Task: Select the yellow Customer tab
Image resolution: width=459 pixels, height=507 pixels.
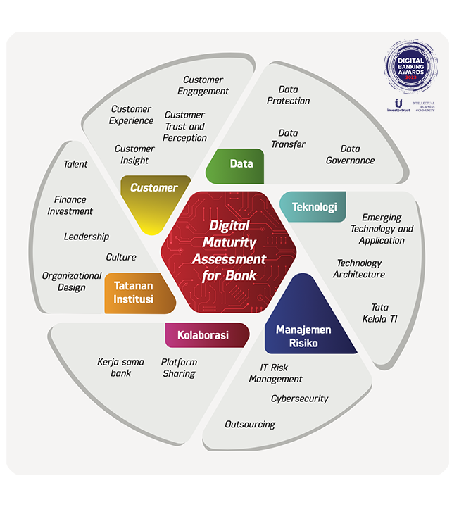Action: [153, 188]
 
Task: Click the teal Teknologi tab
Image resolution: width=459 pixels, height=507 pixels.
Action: [314, 207]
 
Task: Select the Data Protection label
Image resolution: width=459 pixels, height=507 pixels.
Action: [289, 95]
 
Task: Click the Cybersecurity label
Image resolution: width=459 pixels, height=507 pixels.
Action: [300, 399]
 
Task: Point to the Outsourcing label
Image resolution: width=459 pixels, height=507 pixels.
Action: [250, 425]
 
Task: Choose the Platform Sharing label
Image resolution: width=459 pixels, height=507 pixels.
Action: [179, 368]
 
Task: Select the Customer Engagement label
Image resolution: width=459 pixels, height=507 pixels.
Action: [203, 85]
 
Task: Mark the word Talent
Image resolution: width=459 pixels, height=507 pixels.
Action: [75, 164]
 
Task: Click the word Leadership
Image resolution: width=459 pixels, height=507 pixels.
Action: [87, 237]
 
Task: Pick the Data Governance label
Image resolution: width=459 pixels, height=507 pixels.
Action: [350, 154]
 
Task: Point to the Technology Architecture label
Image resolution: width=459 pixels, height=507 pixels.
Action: [359, 268]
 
